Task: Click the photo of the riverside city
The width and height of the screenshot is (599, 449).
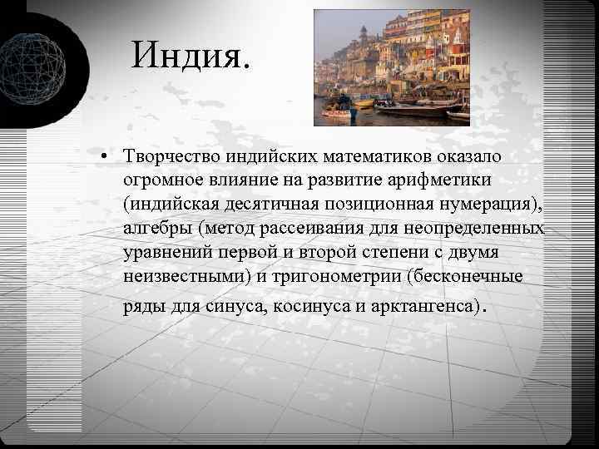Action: pyautogui.click(x=392, y=67)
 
